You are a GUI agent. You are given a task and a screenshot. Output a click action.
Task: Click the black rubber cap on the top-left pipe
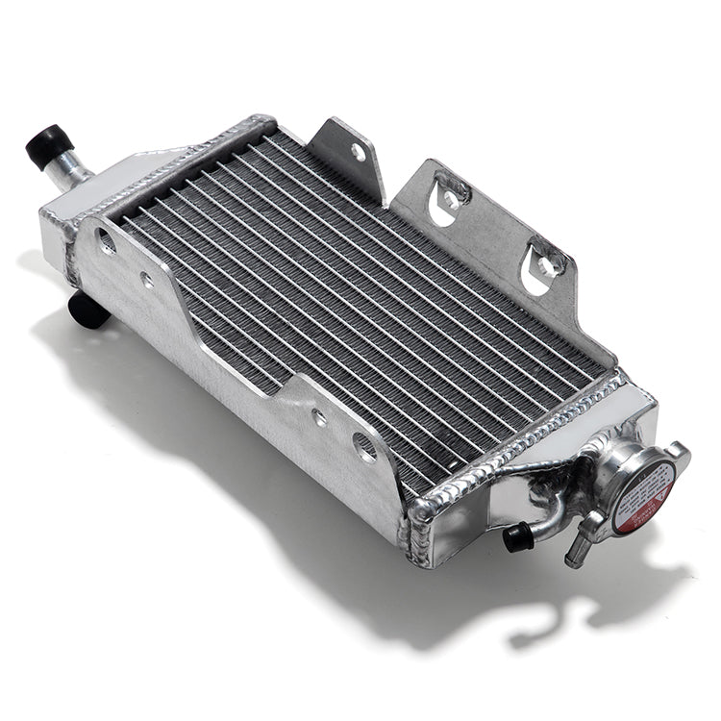tap(48, 145)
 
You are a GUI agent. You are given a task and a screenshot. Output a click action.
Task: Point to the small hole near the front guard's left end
tap(146, 281)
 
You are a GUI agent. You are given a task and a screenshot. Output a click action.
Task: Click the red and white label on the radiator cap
tap(641, 496)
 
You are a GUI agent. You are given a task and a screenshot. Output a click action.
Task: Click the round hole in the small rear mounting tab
tap(358, 152)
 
